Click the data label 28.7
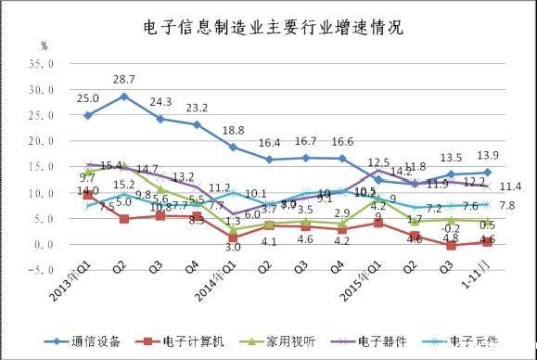(x=124, y=80)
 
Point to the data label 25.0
(x=88, y=98)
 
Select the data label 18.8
(x=233, y=131)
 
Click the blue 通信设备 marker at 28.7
(x=124, y=96)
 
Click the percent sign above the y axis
(x=44, y=45)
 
